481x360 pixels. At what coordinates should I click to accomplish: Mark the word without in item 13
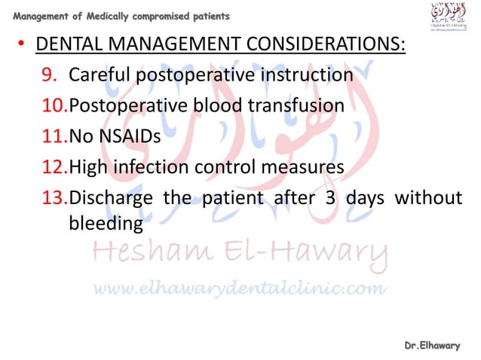[x=430, y=198]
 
